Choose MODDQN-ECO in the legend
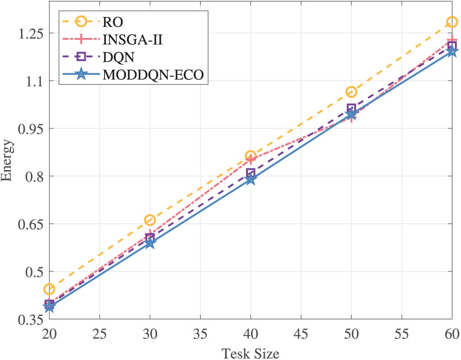154,74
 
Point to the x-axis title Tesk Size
250,354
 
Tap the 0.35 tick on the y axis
29,319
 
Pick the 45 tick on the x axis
301,334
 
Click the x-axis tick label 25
99,334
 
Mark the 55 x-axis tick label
401,334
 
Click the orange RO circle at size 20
49,289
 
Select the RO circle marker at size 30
150,221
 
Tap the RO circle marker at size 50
351,92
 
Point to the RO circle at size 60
452,22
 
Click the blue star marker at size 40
251,180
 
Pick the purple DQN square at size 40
251,173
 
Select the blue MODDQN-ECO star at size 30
150,243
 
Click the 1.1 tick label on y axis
32,81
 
